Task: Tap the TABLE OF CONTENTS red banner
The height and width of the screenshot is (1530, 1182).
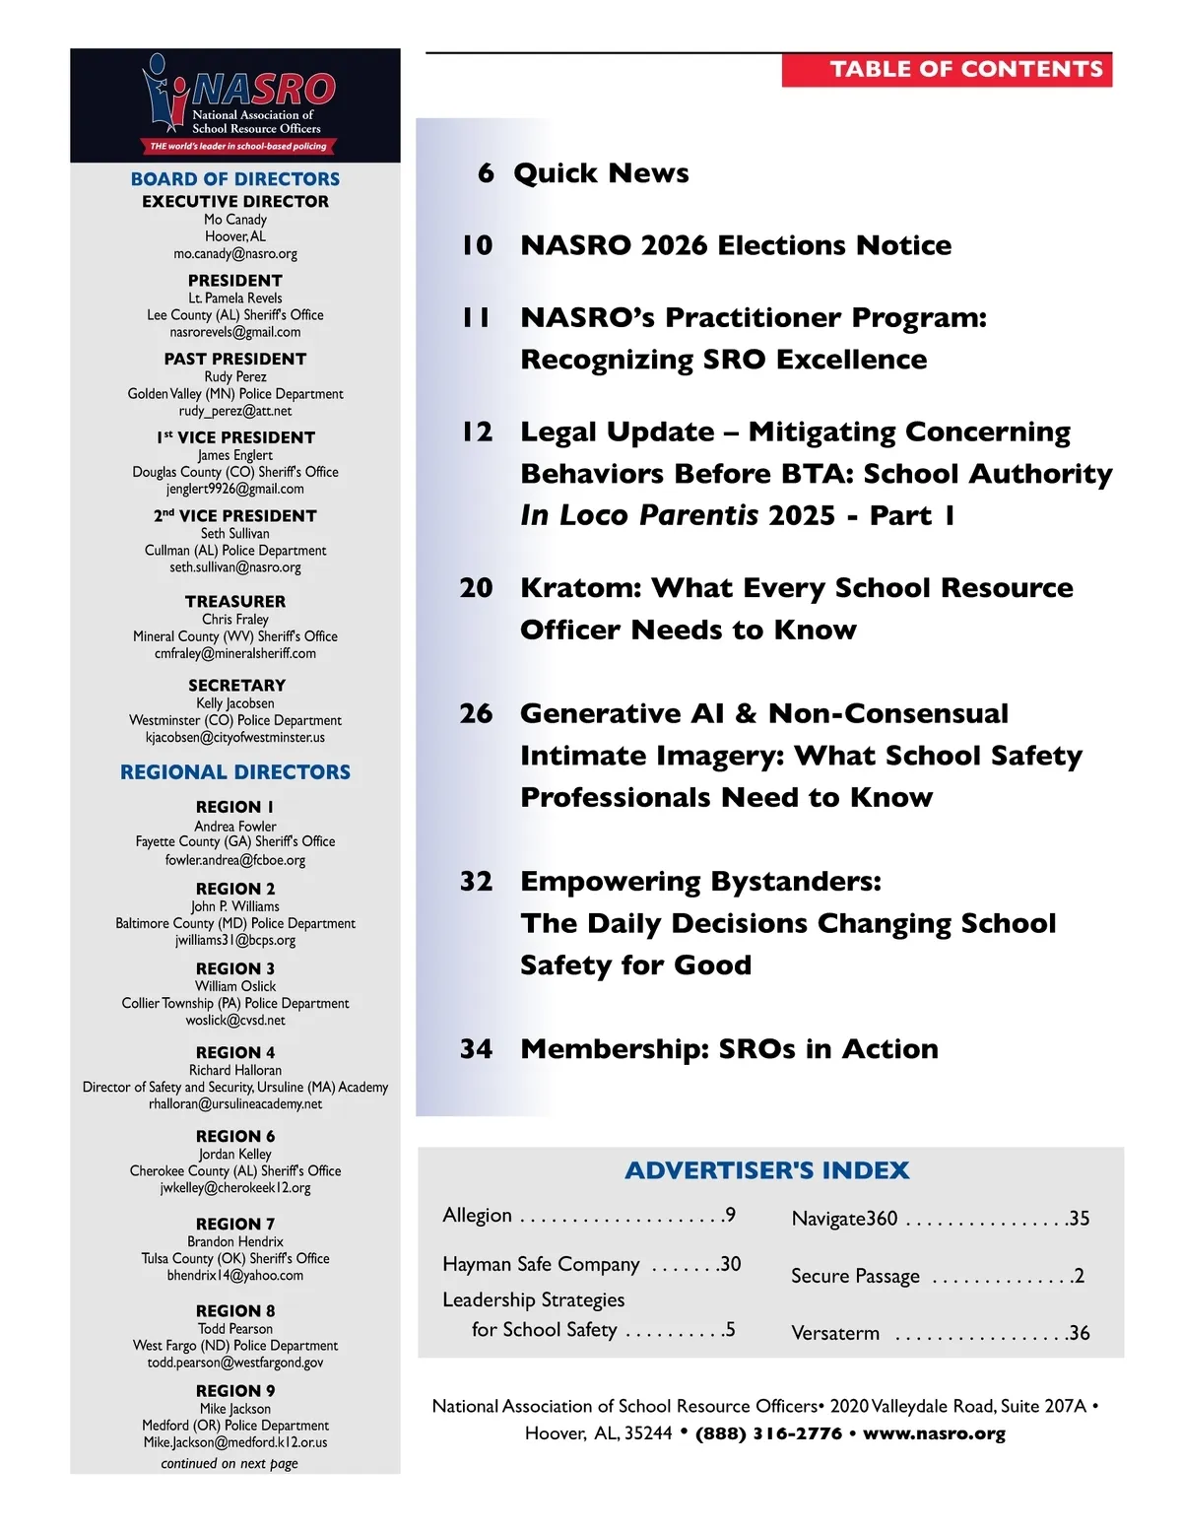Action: click(x=947, y=69)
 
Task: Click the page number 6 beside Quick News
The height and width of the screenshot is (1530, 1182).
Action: click(x=486, y=173)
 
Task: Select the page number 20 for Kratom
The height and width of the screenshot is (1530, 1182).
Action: click(x=477, y=588)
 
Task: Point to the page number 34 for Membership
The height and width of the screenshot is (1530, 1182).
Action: click(x=477, y=1049)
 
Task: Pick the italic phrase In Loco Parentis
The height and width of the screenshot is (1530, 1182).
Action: click(x=639, y=515)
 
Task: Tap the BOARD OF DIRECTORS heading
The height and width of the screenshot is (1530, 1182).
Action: click(x=235, y=179)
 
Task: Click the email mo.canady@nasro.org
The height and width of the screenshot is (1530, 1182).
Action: click(x=235, y=254)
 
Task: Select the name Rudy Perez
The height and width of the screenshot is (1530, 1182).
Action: click(x=235, y=377)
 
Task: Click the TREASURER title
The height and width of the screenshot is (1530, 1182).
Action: click(x=235, y=601)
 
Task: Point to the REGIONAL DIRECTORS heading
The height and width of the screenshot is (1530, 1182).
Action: click(x=235, y=772)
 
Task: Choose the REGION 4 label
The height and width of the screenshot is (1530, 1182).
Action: click(x=235, y=1052)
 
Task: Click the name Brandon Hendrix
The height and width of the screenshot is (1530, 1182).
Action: click(x=235, y=1242)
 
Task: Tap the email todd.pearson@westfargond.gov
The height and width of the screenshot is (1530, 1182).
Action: click(x=235, y=1363)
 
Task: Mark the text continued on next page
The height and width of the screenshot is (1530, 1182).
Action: click(x=230, y=1464)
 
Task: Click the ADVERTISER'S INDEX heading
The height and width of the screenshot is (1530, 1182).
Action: click(x=767, y=1170)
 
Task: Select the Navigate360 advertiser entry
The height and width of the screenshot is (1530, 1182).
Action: click(x=845, y=1219)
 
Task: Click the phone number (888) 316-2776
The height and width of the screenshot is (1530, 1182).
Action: click(x=768, y=1433)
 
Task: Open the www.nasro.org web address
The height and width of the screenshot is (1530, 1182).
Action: click(x=934, y=1433)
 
